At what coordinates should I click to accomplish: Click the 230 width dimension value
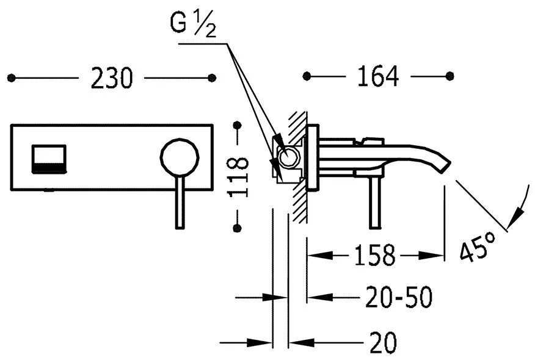tap(112, 78)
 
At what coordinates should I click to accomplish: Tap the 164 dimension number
tap(377, 76)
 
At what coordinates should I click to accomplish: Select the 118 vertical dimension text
tap(238, 177)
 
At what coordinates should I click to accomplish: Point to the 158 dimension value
tap(374, 255)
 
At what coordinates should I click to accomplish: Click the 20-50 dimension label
tap(399, 297)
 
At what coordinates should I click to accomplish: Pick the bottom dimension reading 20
tap(384, 342)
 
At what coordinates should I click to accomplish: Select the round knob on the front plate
tap(180, 157)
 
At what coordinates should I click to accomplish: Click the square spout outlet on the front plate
tap(49, 159)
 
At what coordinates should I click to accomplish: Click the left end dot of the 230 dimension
tap(11, 78)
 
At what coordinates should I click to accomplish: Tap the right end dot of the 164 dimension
tap(450, 76)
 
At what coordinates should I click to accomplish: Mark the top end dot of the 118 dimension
tap(237, 126)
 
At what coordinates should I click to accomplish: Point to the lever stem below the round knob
tap(180, 203)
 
